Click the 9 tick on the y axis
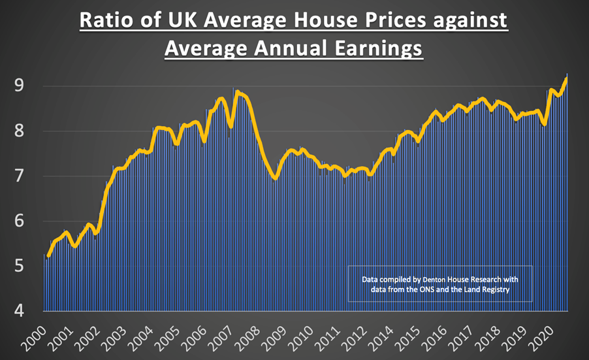[20, 86]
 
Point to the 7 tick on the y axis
[20, 176]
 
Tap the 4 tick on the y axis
[20, 311]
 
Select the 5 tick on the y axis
[20, 266]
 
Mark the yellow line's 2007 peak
[237, 92]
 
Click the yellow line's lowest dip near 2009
[275, 178]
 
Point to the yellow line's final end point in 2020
[566, 79]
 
